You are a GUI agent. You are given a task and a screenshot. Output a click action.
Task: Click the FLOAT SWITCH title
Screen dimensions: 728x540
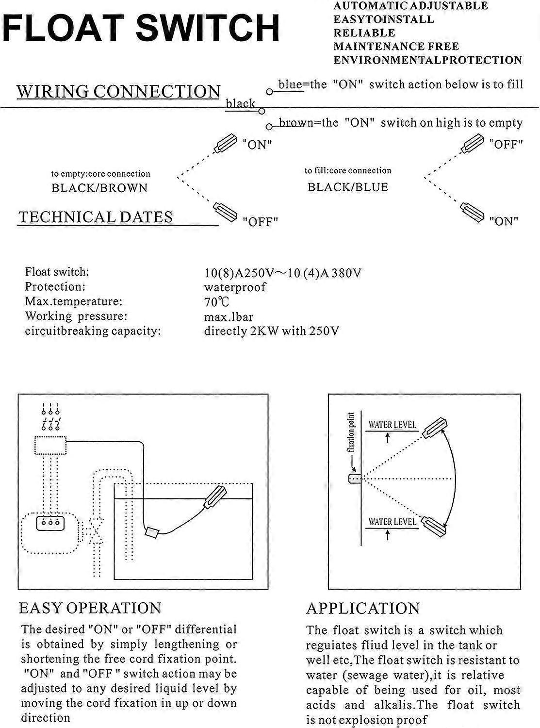coord(141,28)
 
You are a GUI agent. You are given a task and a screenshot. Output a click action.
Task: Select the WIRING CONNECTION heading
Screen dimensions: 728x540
coord(118,91)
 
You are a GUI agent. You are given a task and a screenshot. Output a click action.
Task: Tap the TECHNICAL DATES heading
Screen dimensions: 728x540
coord(96,217)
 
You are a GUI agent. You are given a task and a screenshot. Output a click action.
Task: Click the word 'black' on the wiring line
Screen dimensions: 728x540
coord(241,103)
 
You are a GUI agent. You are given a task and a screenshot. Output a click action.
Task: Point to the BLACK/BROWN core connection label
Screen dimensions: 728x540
coord(99,188)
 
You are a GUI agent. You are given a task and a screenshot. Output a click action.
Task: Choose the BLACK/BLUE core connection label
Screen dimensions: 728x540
coord(348,187)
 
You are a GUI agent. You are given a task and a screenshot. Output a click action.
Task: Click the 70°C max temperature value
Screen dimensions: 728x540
coord(216,302)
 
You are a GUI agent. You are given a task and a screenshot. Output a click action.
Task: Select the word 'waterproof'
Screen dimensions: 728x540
coord(235,287)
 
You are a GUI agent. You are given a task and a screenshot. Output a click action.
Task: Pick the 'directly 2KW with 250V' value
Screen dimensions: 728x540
coord(271,331)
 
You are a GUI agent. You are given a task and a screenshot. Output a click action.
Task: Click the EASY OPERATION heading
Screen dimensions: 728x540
coord(90,608)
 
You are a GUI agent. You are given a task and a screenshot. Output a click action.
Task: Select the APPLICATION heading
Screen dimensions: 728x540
coord(363,609)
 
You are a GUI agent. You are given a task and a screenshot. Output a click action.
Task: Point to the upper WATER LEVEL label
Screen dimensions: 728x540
coord(392,425)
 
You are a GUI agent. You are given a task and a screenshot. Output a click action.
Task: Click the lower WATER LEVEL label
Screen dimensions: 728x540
coord(392,522)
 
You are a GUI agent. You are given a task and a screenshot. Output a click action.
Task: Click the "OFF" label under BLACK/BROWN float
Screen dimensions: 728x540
coord(260,222)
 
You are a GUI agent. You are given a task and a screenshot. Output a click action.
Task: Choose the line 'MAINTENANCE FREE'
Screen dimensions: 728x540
coord(395,47)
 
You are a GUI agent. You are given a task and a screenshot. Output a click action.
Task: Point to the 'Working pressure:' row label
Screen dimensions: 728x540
coord(76,316)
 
